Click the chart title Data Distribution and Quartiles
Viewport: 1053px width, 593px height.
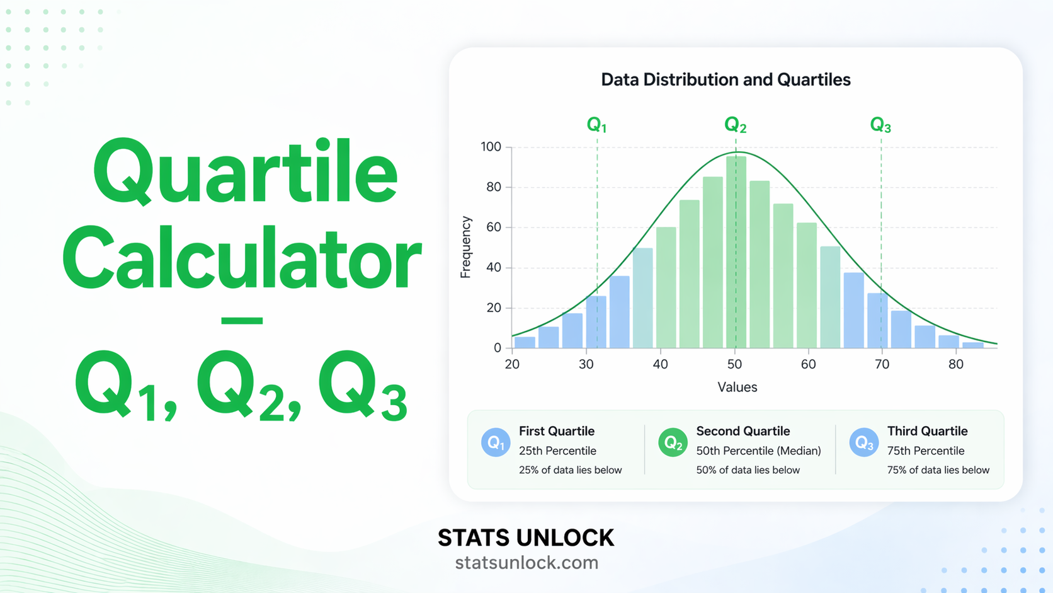(726, 80)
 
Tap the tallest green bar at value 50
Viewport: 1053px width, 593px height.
(736, 252)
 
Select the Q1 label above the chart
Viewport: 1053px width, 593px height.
(596, 125)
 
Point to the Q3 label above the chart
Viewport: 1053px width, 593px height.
(880, 125)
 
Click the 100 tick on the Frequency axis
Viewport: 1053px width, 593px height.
(491, 147)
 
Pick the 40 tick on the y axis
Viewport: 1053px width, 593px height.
(493, 267)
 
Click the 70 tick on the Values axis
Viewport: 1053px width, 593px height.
(882, 364)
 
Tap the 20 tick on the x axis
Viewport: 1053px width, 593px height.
(512, 364)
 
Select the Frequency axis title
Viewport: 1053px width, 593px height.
(465, 247)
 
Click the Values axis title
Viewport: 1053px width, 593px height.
(737, 387)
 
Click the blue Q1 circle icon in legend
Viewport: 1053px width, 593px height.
(496, 442)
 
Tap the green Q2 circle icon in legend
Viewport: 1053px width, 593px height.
(673, 442)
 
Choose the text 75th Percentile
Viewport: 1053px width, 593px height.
(925, 451)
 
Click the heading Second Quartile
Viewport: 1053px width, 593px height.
(743, 431)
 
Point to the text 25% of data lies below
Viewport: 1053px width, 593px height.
(570, 470)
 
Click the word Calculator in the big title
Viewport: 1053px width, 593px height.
(242, 260)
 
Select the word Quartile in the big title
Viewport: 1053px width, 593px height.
(246, 172)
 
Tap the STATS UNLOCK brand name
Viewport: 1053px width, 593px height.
(526, 538)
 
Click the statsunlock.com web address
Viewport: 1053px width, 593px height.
(526, 563)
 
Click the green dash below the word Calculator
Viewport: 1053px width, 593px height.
(242, 321)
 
